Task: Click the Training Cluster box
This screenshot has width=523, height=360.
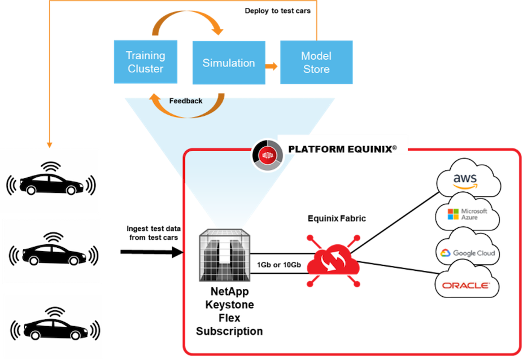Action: click(146, 62)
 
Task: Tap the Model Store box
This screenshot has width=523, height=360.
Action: click(316, 62)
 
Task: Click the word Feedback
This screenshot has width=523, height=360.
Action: click(186, 102)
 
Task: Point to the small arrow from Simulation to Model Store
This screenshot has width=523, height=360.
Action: click(272, 66)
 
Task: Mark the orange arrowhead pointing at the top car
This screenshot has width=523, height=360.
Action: click(50, 144)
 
